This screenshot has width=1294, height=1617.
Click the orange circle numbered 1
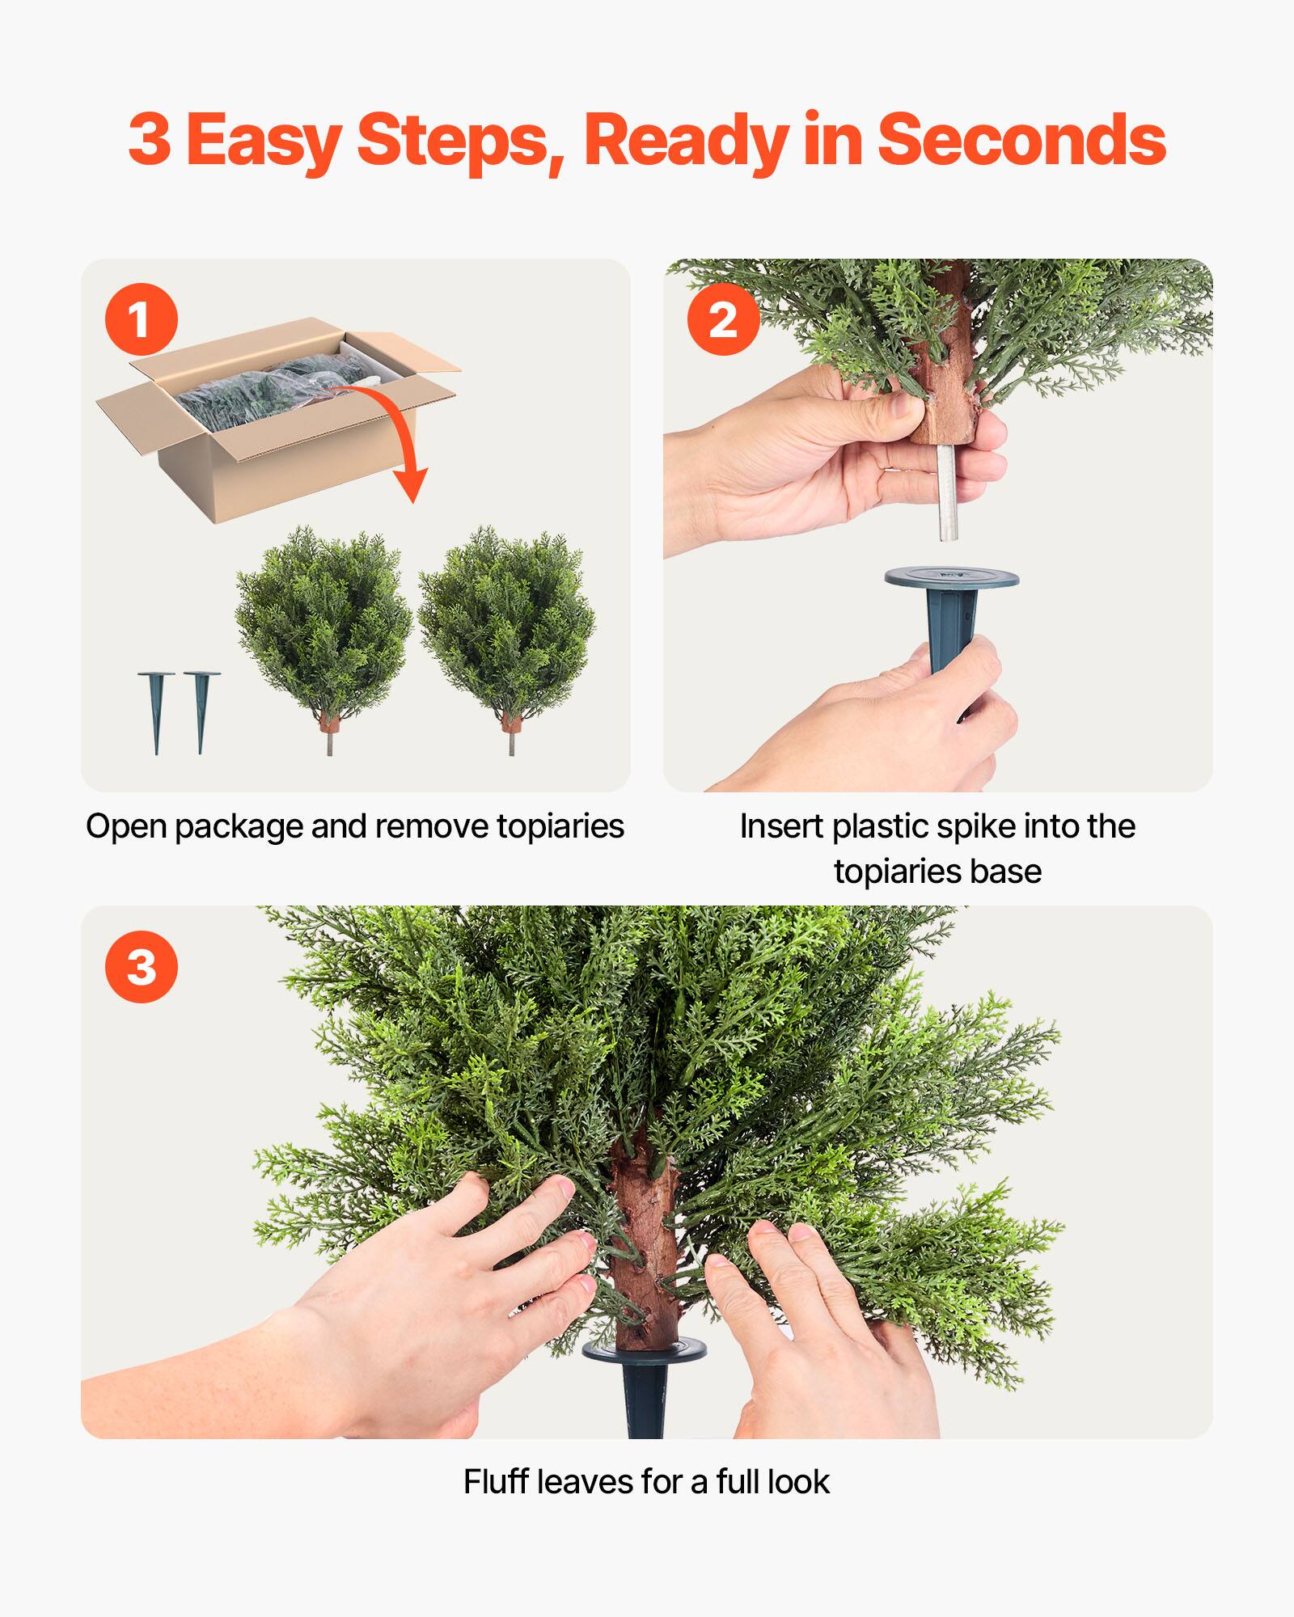click(141, 319)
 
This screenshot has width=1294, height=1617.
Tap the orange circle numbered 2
click(723, 319)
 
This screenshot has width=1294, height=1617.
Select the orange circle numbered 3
click(141, 967)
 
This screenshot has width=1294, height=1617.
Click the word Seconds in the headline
click(1021, 140)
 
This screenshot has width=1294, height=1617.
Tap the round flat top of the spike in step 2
click(951, 578)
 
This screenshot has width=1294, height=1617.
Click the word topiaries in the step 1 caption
click(560, 826)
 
